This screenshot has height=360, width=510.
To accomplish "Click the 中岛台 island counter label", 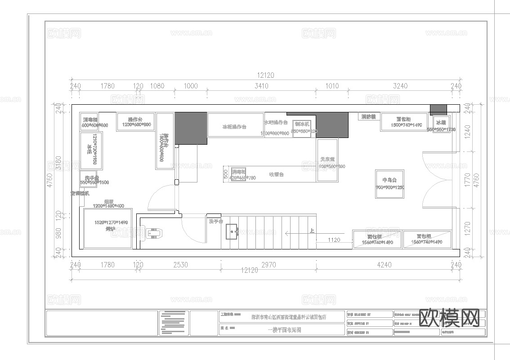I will [389, 180].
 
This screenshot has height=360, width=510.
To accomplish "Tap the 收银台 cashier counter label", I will [276, 174].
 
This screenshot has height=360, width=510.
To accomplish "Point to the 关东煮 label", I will [327, 159].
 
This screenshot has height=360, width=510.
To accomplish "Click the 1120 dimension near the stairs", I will [334, 240].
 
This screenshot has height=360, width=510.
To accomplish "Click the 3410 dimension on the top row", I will [261, 86].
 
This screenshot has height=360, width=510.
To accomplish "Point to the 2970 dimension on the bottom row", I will [268, 265].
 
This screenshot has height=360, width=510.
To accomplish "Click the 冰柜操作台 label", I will [234, 127].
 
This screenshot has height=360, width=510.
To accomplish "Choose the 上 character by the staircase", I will [312, 231].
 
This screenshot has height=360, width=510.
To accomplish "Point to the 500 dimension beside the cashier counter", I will [226, 174].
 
